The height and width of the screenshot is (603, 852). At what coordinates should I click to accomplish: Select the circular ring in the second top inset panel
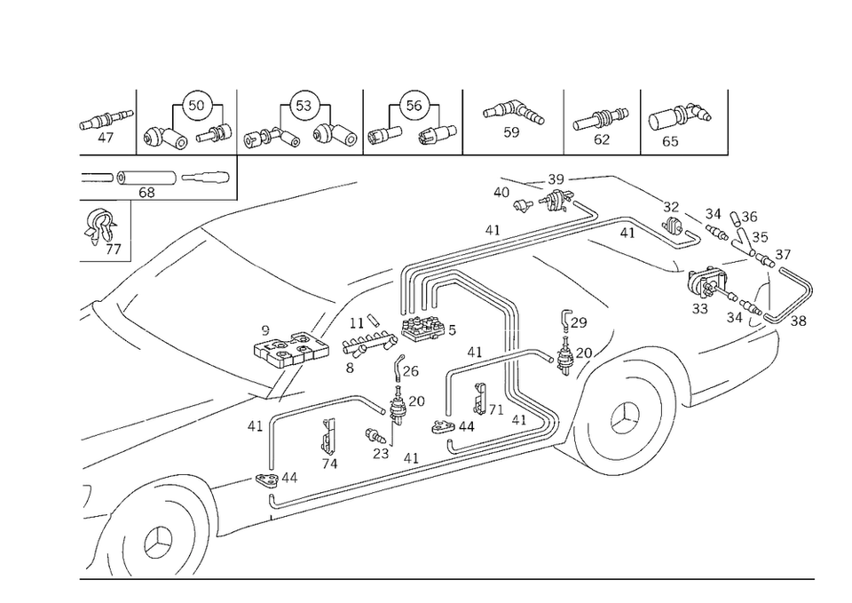pos(196,104)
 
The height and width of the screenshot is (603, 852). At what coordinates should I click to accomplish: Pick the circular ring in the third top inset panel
pos(304,104)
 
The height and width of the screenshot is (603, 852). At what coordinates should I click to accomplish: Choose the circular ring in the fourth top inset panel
pos(410,99)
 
